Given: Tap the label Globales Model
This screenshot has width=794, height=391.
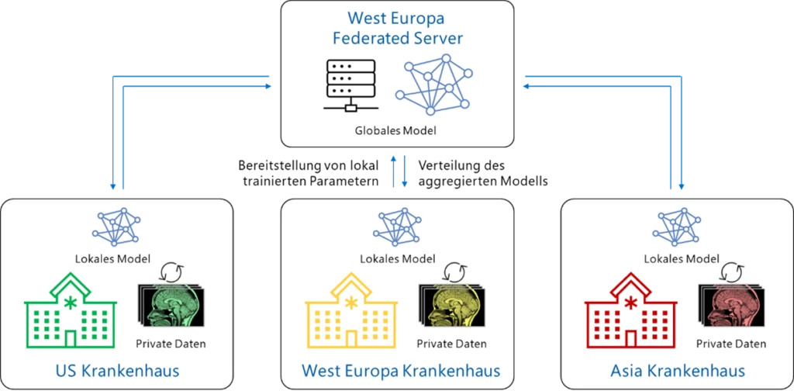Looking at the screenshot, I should (397, 130).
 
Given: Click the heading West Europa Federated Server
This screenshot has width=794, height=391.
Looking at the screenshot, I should (397, 28).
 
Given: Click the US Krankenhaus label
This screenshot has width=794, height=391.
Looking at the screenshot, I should (119, 371).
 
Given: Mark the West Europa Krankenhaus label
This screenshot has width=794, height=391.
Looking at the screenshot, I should (397, 371).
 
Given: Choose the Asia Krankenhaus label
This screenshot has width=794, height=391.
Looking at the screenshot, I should (677, 371).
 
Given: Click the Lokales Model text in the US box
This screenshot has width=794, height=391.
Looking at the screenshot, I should (119, 258).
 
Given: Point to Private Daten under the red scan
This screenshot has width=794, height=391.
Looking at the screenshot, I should (730, 344).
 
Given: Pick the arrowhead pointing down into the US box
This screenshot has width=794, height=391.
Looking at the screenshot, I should (113, 186).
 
